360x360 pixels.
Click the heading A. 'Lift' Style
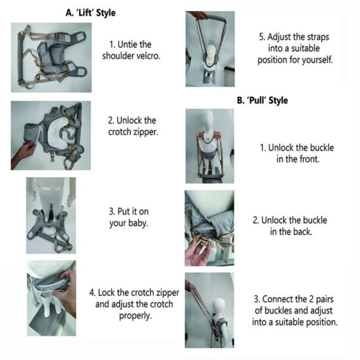pyautogui.click(x=90, y=13)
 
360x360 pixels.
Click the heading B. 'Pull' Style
pyautogui.click(x=262, y=101)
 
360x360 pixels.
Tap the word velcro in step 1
pyautogui.click(x=147, y=56)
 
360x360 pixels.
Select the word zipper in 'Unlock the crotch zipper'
pyautogui.click(x=145, y=132)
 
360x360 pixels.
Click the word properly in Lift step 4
pyautogui.click(x=135, y=316)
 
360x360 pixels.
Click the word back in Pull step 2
pyautogui.click(x=302, y=232)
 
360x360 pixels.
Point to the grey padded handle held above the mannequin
pyautogui.click(x=217, y=18)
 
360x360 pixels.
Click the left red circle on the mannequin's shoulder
pyautogui.click(x=200, y=136)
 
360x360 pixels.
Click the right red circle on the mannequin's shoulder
pyautogui.click(x=218, y=135)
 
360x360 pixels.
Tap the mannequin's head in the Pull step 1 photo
pyautogui.click(x=208, y=120)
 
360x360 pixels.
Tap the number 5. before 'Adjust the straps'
pyautogui.click(x=262, y=37)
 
